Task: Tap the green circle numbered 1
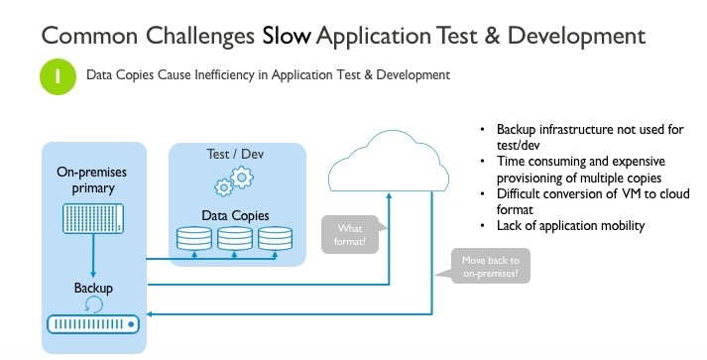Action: coord(58,76)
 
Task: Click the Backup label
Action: coord(92,288)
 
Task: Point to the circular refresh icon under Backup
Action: coord(93,304)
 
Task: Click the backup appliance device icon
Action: coord(93,324)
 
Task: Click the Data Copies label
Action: coord(234,214)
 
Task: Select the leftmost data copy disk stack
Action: coord(193,238)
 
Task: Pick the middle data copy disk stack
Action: coord(234,238)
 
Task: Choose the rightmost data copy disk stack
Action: coord(275,238)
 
